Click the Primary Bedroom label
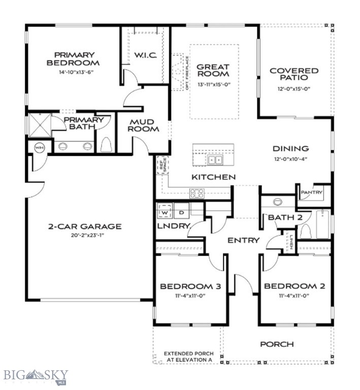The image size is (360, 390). pyautogui.click(x=75, y=59)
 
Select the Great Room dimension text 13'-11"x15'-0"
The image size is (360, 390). pyautogui.click(x=213, y=85)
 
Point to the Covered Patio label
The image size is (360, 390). pyautogui.click(x=294, y=75)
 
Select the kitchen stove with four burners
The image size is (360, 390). pyautogui.click(x=197, y=193)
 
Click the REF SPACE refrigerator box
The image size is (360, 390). pyautogui.click(x=161, y=165)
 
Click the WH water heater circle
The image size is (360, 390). pyautogui.click(x=39, y=147)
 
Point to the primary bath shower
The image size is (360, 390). pyautogui.click(x=39, y=123)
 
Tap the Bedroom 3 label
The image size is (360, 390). pyautogui.click(x=190, y=287)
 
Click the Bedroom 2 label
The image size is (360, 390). pyautogui.click(x=294, y=287)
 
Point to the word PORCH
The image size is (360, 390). pyautogui.click(x=277, y=344)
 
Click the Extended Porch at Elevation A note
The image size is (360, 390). pyautogui.click(x=188, y=356)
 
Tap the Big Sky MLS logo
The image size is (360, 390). pyautogui.click(x=36, y=376)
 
